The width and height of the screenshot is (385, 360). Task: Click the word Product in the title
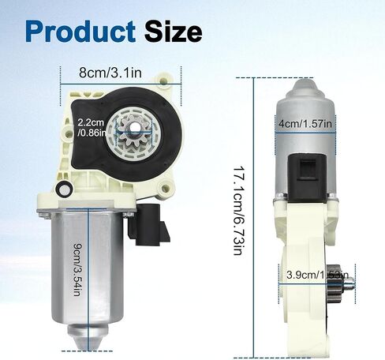click(80, 32)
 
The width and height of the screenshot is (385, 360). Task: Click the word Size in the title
click(174, 31)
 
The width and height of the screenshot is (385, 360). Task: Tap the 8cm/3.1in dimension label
click(110, 73)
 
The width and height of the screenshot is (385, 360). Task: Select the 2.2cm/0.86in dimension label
click(91, 127)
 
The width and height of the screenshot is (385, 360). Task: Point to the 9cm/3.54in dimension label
click(77, 270)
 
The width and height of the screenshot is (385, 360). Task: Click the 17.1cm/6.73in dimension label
click(238, 211)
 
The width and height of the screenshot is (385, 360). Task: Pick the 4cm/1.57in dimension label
click(305, 123)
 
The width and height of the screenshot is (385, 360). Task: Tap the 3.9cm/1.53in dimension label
click(317, 275)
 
